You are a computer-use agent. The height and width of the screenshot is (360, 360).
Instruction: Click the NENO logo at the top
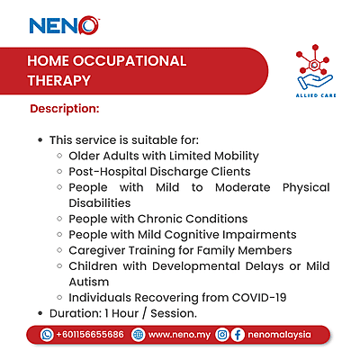[63, 26]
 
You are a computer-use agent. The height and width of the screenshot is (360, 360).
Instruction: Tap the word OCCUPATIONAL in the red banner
[135, 61]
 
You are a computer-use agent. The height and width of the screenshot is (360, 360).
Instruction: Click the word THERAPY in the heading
[58, 80]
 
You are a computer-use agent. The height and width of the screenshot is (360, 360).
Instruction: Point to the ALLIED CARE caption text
[315, 93]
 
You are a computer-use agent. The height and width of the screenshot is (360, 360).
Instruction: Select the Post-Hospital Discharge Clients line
[159, 171]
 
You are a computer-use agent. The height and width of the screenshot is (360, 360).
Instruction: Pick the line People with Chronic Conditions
[157, 219]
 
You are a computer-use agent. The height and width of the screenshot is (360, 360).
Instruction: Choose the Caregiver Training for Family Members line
[180, 249]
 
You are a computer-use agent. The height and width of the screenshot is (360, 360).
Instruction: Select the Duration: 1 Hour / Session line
[123, 312]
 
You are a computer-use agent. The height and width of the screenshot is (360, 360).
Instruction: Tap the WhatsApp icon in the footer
[47, 335]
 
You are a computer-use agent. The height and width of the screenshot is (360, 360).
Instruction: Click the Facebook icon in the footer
[238, 335]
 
